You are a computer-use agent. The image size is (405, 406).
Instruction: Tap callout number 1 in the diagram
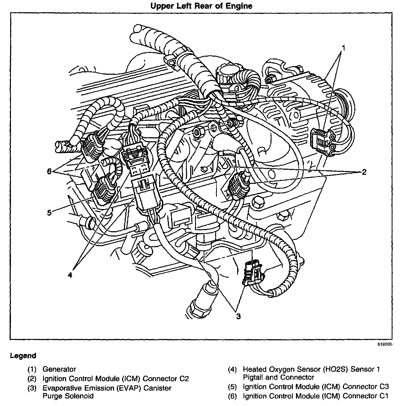(x=344, y=48)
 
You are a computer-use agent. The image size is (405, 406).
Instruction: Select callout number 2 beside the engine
(x=364, y=172)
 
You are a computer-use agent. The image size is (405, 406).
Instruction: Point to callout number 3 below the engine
(x=238, y=316)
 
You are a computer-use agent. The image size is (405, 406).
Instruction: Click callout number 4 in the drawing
(x=70, y=275)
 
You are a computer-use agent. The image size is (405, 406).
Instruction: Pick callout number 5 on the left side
(x=49, y=213)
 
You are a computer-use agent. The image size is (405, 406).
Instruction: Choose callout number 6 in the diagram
(x=49, y=172)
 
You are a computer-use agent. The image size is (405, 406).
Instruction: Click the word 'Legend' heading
(x=23, y=356)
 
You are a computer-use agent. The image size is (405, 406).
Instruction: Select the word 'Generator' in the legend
(x=59, y=369)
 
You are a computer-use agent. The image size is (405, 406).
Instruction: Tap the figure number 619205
(x=384, y=344)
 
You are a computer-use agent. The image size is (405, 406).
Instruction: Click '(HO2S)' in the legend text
(x=335, y=369)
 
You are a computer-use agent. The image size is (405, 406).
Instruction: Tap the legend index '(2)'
(x=32, y=379)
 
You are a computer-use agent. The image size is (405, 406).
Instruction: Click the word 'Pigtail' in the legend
(x=255, y=377)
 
